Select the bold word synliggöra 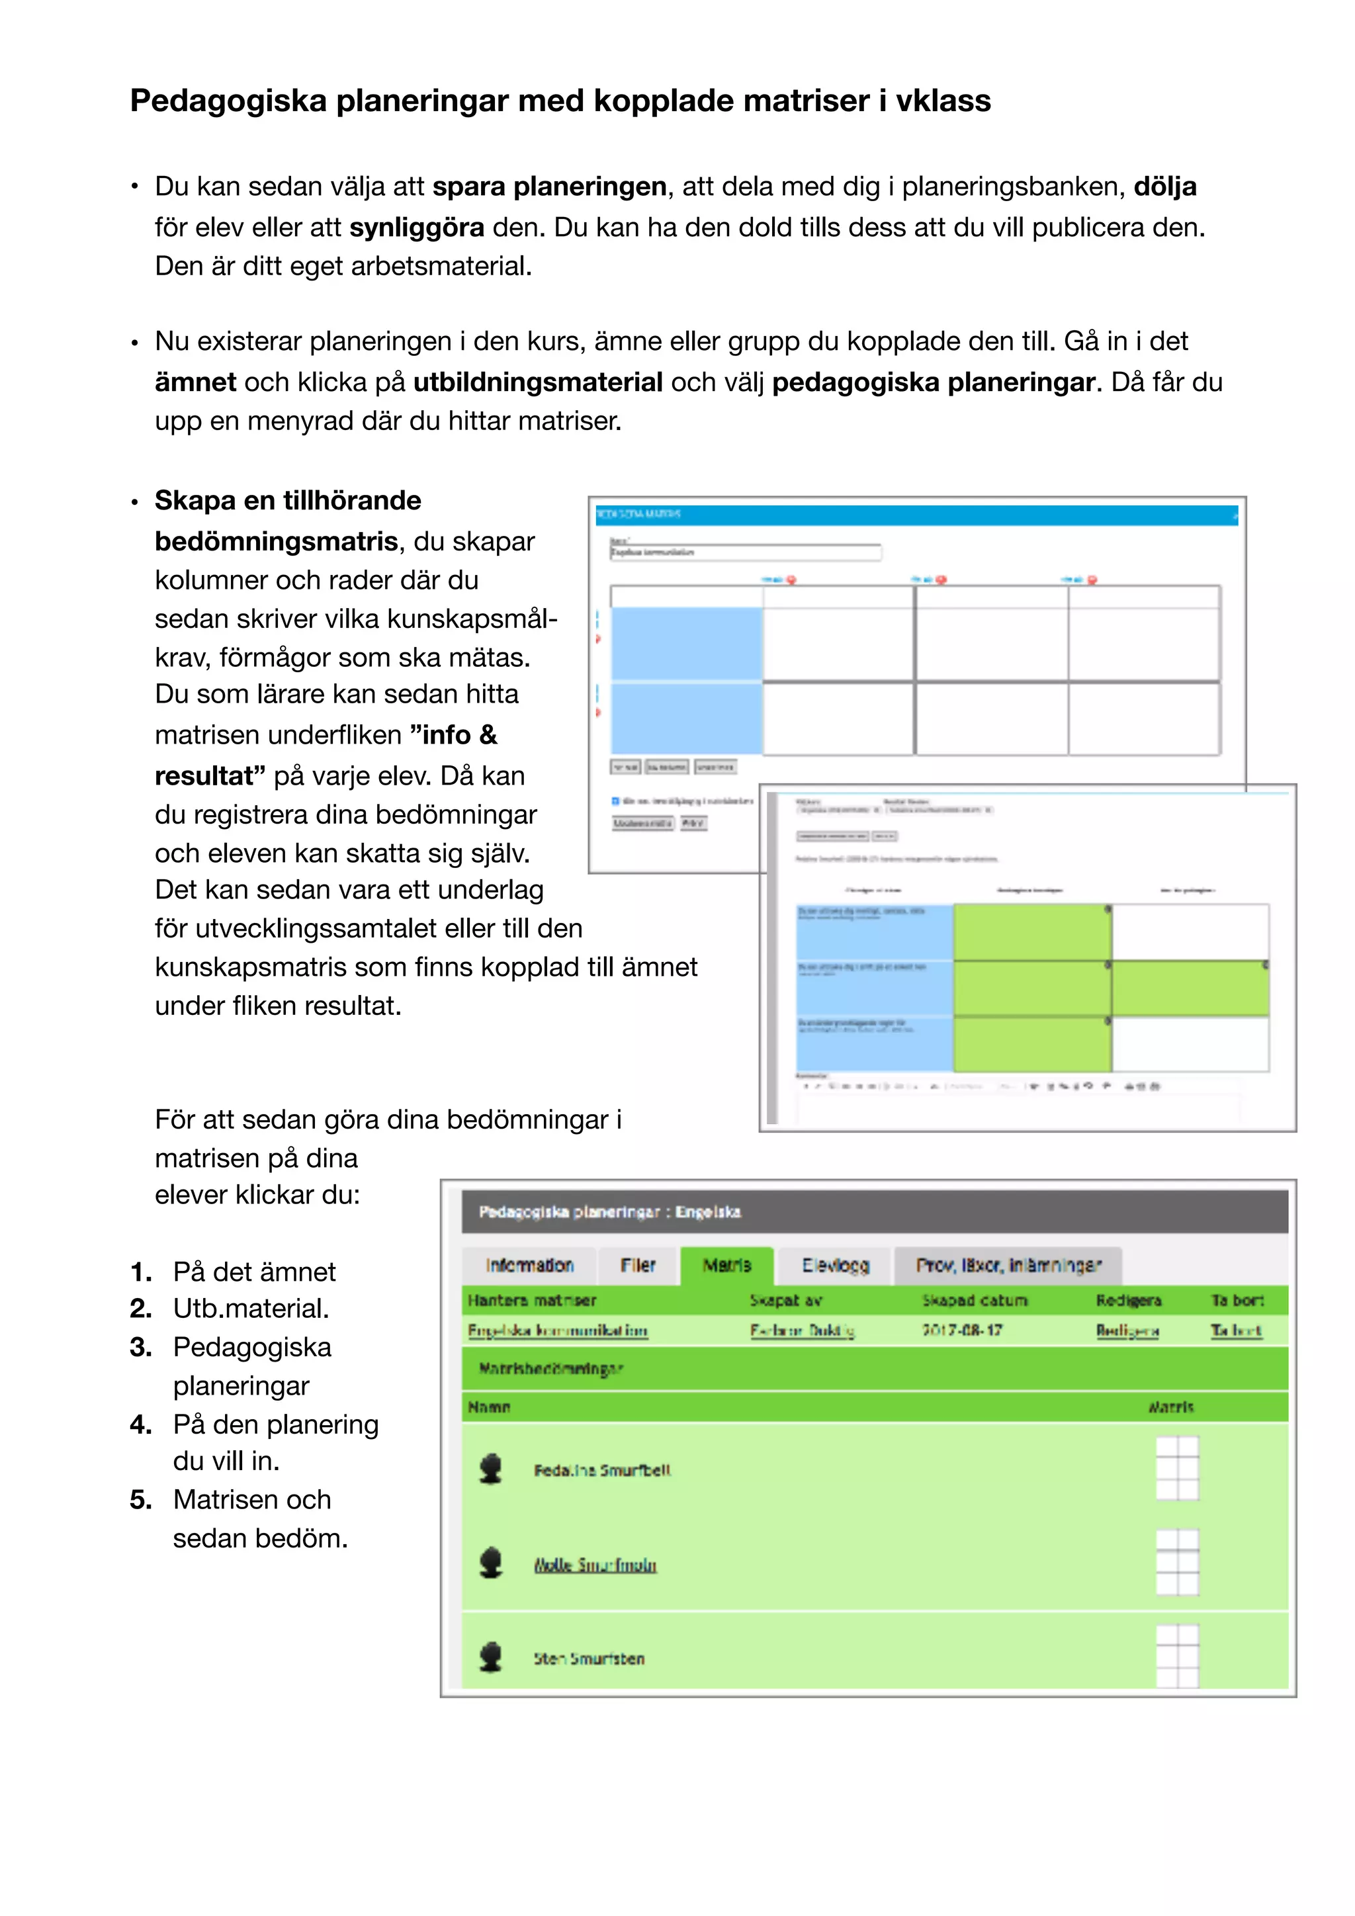[416, 227]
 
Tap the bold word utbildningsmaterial [537, 382]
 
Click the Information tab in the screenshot [529, 1265]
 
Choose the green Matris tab [726, 1265]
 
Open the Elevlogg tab [834, 1265]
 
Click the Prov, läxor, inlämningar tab [1008, 1265]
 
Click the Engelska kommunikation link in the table [557, 1331]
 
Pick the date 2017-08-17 [961, 1330]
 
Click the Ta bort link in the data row [1236, 1331]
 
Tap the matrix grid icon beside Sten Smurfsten [1176, 1657]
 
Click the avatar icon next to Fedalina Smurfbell [491, 1469]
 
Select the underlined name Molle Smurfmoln [595, 1565]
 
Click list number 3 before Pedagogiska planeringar [140, 1347]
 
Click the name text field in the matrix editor [745, 552]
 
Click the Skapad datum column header [974, 1300]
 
